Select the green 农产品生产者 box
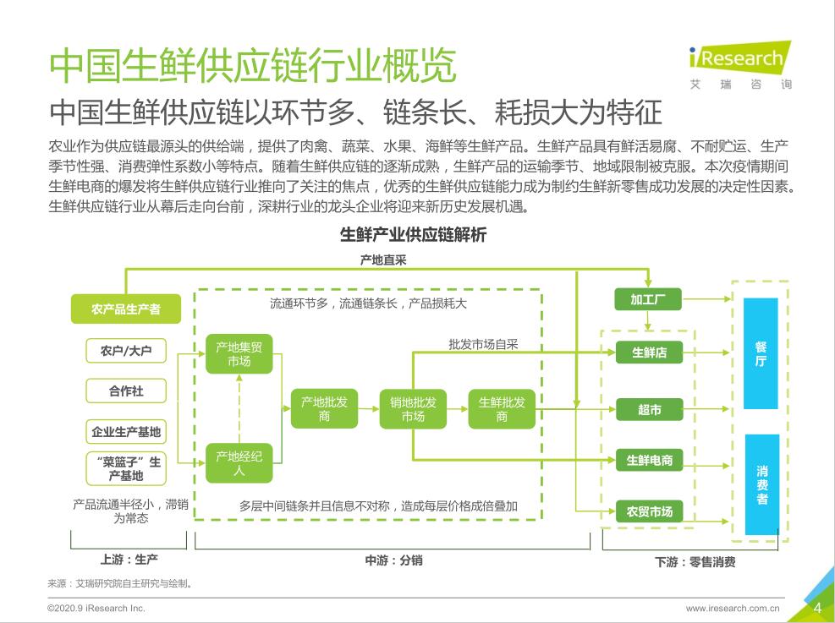[x=126, y=309]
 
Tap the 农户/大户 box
[x=126, y=350]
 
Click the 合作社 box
[x=126, y=391]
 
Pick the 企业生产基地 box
[x=126, y=432]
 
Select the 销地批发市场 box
[x=413, y=409]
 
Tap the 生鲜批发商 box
[x=502, y=409]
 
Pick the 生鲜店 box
[x=649, y=352]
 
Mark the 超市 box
[x=649, y=410]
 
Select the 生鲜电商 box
[x=649, y=461]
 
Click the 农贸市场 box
[x=649, y=511]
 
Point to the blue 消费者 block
[x=761, y=484]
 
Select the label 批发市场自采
[x=483, y=344]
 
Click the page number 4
[x=817, y=607]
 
